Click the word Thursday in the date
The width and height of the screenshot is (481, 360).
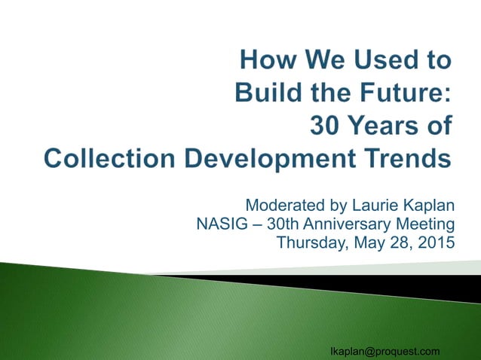coord(310,243)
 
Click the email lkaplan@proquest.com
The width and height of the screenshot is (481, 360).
coord(385,351)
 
